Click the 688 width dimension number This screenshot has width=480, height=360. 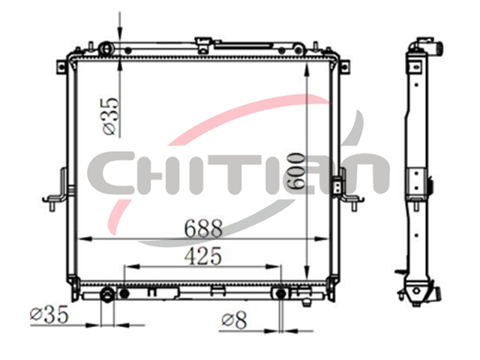click(203, 228)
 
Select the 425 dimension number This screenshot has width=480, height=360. click(203, 256)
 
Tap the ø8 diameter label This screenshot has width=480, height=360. click(234, 320)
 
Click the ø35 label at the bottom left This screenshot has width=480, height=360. click(49, 314)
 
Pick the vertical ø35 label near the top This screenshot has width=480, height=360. click(110, 116)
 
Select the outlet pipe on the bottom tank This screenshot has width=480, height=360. click(107, 295)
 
